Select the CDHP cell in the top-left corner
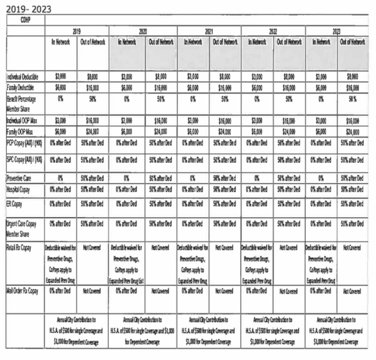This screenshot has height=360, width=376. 25,20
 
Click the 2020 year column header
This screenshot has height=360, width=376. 143,29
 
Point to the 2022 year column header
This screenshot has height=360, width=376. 273,29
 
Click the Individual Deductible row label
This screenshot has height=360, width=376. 23,78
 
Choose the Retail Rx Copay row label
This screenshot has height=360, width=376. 19,247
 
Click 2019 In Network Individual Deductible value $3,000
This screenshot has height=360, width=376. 61,78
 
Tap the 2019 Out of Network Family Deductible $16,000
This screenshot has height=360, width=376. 93,87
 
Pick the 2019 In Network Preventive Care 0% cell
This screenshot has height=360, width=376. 61,178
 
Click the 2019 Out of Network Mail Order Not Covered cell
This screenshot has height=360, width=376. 93,290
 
